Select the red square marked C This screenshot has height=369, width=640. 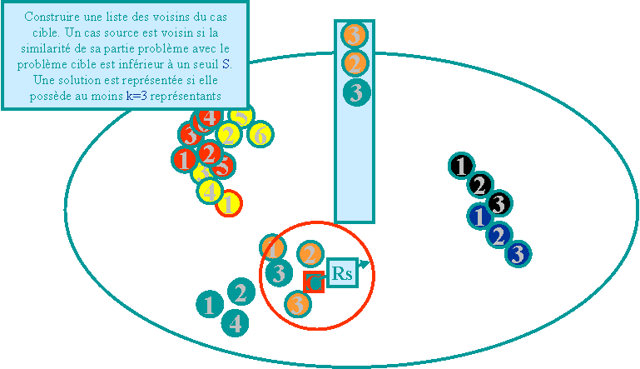coord(314,282)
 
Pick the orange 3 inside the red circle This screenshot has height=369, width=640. coord(298,304)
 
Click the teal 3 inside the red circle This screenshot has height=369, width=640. coord(280,273)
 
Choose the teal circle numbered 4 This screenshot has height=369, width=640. coord(236,322)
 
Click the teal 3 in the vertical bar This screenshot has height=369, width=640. coord(356,92)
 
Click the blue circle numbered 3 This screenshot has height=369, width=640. coord(518,253)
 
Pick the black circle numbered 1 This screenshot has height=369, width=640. coord(460,166)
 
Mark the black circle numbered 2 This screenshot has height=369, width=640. coord(479,184)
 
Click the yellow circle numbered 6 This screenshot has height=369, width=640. coord(260,135)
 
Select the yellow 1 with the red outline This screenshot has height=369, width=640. coord(229,203)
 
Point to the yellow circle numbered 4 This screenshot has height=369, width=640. coord(210,191)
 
